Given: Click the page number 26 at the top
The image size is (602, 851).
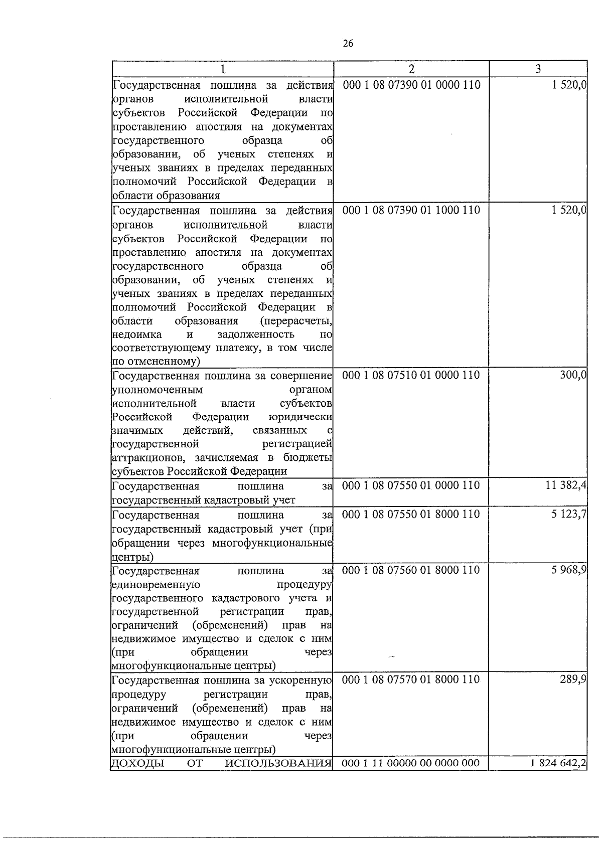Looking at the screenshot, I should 348,44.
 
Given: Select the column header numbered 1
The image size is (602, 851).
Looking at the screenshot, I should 222,69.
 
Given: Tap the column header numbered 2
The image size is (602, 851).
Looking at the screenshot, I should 411,69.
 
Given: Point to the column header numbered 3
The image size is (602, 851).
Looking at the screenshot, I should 538,69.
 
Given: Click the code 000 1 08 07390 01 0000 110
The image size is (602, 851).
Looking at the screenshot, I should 411,85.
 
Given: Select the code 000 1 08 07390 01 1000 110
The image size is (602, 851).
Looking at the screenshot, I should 411,210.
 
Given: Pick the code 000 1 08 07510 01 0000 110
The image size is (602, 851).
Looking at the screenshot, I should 411,375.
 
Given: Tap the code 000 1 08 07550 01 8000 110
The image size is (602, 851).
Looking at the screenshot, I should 411,514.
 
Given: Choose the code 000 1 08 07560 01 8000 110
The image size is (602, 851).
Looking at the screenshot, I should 411,570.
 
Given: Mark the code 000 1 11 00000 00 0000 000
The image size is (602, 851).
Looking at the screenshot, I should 411,763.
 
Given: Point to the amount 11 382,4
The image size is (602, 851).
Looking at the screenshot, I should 566,485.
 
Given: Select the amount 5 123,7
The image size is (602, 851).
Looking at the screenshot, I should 569,514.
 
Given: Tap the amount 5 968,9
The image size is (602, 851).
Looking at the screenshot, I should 569,570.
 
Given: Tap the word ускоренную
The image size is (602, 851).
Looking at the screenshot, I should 307,680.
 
